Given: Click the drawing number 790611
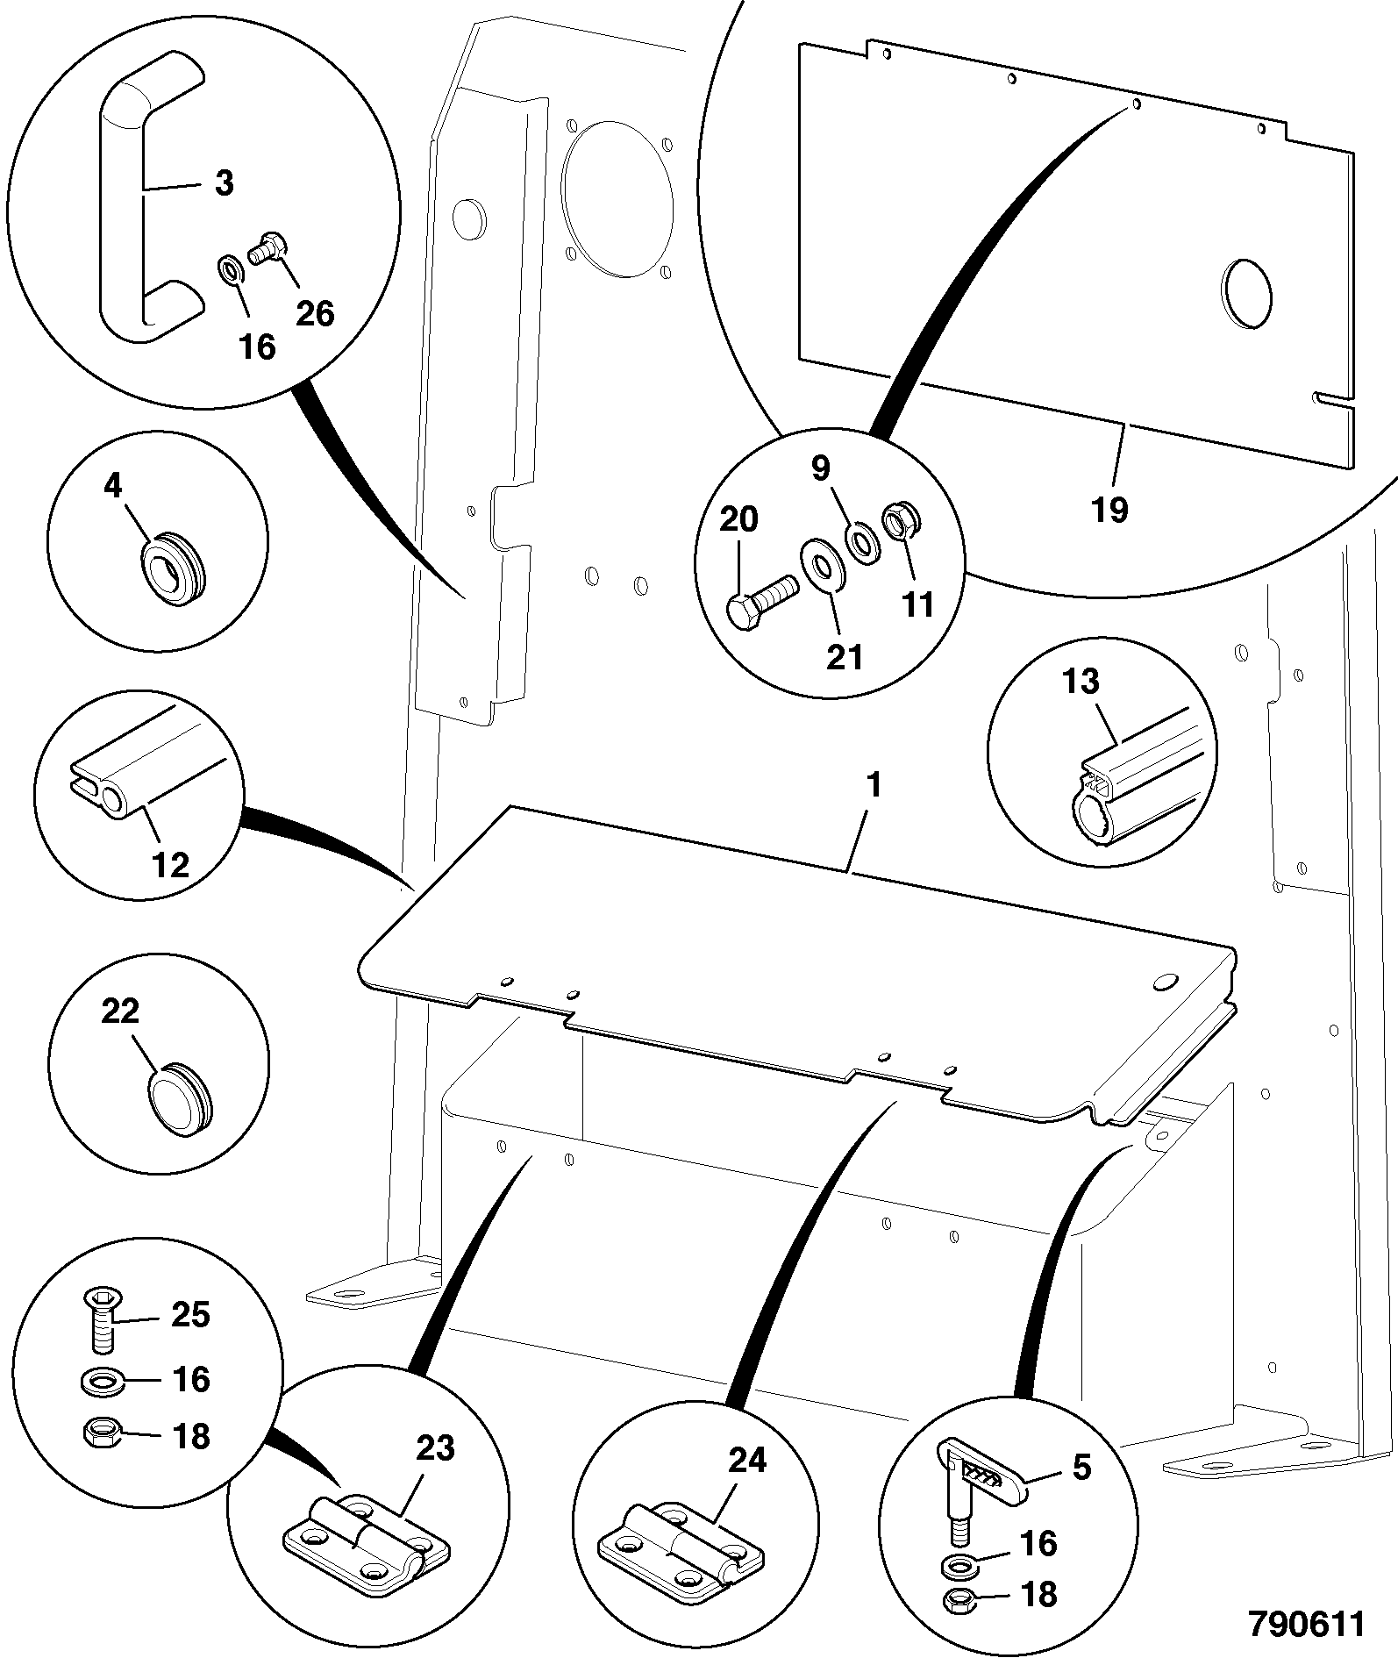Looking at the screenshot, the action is coord(1307,1624).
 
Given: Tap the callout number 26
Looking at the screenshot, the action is coord(315,312).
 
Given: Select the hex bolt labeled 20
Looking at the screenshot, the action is coord(760,601).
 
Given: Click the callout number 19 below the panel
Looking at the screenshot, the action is coord(1109,509).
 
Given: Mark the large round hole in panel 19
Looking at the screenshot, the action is coord(1246,294).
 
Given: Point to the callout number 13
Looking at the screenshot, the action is coord(1080,682).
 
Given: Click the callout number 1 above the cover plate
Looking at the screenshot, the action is coord(874,784).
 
